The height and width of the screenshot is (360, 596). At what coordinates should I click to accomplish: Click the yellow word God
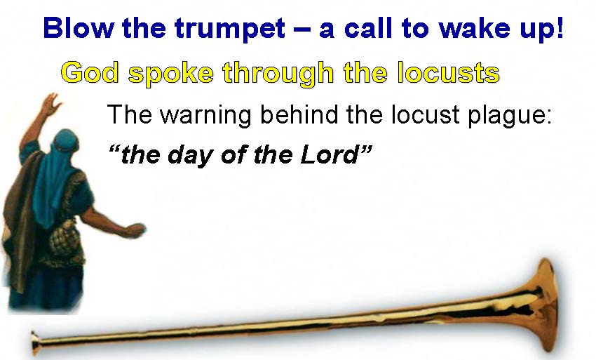pos(90,72)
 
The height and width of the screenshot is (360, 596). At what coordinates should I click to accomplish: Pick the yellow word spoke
pos(171,74)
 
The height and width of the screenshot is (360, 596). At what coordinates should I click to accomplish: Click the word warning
pos(206,115)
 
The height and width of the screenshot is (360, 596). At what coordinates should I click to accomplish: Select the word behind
pos(299,114)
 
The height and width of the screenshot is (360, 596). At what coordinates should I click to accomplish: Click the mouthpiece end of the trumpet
pos(35,343)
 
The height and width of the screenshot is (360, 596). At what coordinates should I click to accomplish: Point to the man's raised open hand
pos(51,104)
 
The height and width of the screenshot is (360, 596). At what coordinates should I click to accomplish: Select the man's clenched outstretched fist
pos(136,231)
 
